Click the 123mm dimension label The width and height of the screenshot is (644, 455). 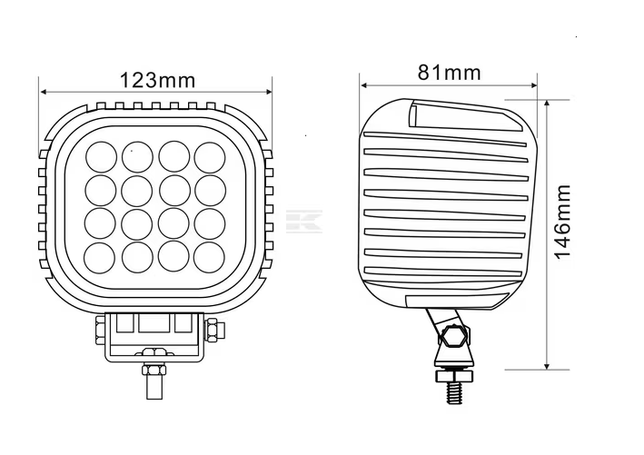[x=157, y=81]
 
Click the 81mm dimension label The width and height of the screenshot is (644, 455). [x=449, y=73]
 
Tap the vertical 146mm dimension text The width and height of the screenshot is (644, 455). [x=562, y=222]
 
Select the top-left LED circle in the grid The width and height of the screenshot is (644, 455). [x=101, y=157]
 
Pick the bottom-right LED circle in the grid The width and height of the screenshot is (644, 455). [x=210, y=258]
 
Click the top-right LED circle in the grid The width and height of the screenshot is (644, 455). [x=210, y=157]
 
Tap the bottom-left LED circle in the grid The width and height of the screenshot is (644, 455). [x=100, y=258]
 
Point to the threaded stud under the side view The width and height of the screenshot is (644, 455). [x=454, y=392]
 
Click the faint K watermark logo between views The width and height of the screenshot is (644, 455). [x=304, y=222]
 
